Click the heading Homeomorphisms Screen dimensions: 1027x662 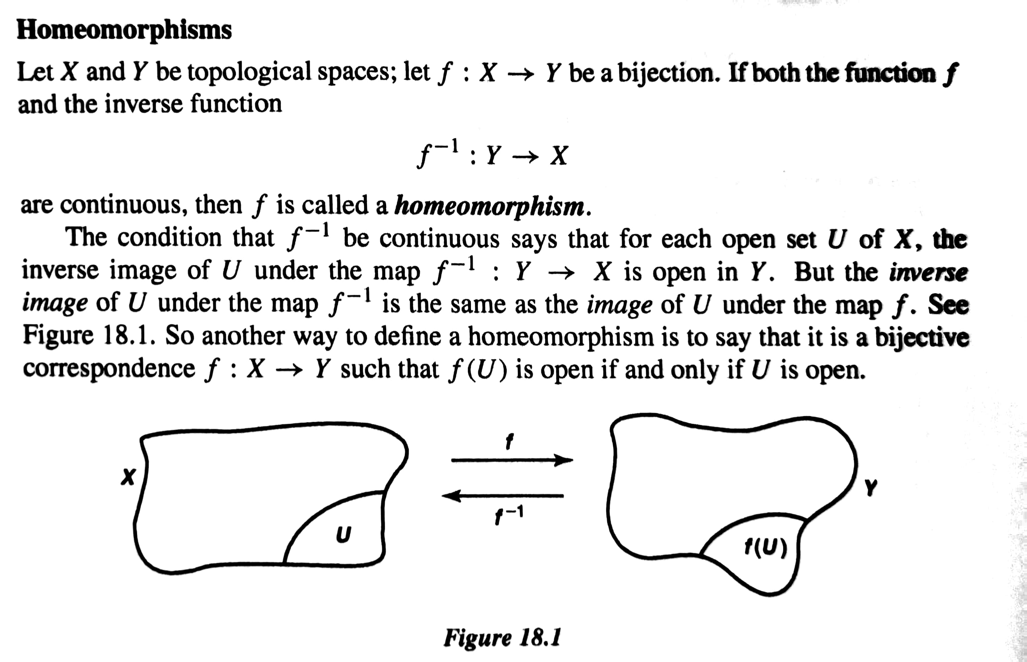(x=124, y=30)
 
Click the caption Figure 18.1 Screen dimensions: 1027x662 (x=502, y=637)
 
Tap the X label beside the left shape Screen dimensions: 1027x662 (x=128, y=477)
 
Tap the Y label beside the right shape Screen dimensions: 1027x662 (x=871, y=487)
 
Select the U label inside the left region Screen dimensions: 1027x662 (x=343, y=534)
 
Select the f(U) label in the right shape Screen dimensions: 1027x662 (x=766, y=548)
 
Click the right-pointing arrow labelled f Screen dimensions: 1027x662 (x=511, y=460)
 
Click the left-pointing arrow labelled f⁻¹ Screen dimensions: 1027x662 (x=503, y=496)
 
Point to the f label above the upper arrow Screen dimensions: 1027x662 (x=510, y=441)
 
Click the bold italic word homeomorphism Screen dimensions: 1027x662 (x=490, y=206)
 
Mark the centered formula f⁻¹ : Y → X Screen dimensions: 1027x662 (x=493, y=155)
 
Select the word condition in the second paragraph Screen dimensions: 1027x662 (x=169, y=238)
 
